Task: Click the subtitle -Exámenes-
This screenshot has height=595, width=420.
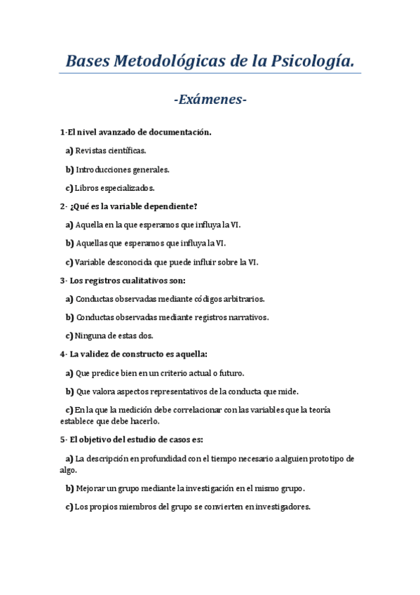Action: [210, 100]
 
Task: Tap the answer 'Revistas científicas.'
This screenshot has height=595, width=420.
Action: [110, 150]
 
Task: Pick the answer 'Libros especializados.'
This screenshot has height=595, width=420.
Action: [114, 188]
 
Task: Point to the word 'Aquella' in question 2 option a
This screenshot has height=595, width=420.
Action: [89, 225]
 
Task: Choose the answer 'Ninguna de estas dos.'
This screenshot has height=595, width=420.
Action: [114, 335]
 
